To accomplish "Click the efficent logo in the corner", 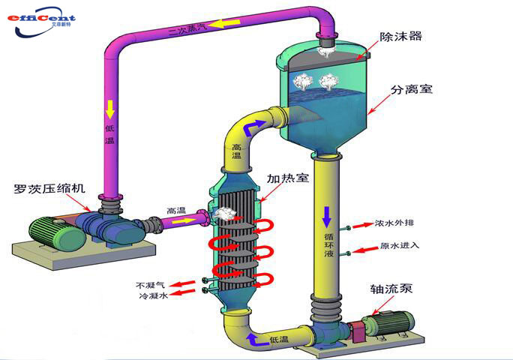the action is coord(41,22).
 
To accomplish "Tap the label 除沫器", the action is coord(400,36).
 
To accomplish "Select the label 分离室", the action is coord(412,89).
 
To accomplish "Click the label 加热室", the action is coord(288,178).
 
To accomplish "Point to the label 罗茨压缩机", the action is coord(49,188).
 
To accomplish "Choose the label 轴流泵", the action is coord(391,289).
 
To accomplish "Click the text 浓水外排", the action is coord(394,223).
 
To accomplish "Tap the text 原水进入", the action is coord(400,245).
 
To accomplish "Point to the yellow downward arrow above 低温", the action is coord(110,109).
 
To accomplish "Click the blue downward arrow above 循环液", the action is coord(327,217).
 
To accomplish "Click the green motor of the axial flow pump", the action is coord(389,324).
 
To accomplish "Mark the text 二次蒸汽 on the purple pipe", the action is coord(188,28).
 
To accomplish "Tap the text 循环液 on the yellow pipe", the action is coord(328,244).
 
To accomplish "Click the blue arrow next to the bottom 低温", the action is coord(256,340).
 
